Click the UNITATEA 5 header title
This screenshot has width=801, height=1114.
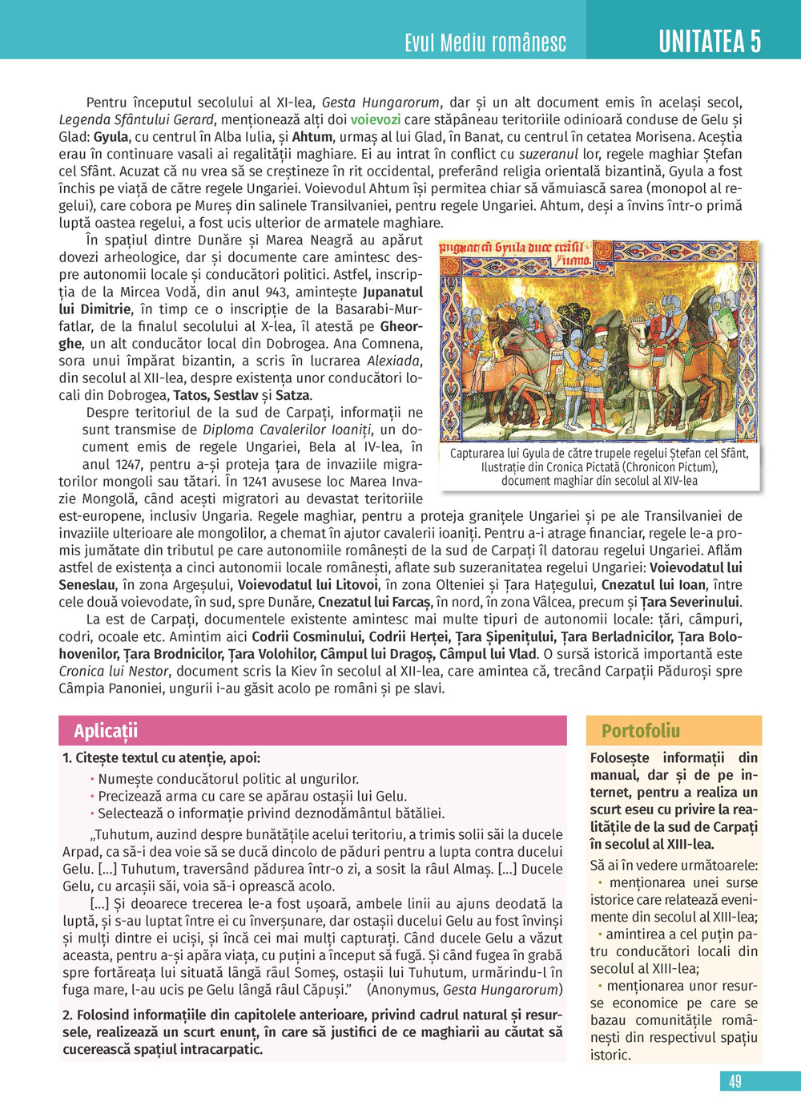(x=710, y=41)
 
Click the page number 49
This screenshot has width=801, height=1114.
(x=735, y=1081)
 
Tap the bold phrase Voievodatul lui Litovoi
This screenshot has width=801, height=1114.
(x=308, y=585)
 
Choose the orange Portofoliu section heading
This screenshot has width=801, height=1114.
(x=640, y=731)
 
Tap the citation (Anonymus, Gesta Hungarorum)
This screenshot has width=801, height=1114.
(x=465, y=990)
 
